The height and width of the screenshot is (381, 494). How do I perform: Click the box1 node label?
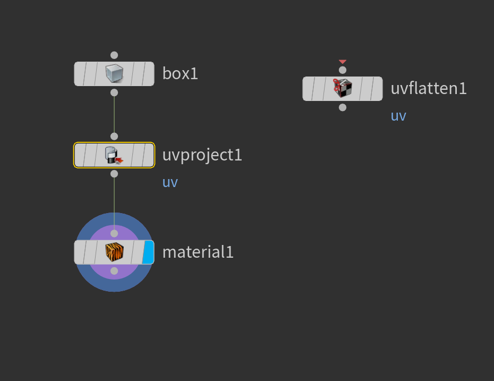(180, 73)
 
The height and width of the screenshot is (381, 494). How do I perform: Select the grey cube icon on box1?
(114, 73)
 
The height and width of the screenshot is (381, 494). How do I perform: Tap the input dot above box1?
(114, 55)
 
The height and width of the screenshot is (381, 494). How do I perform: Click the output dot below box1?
(114, 92)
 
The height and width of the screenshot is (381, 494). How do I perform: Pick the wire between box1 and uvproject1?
(114, 114)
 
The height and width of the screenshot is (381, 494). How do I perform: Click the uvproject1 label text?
(202, 155)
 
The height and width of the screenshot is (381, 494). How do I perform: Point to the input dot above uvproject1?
(114, 137)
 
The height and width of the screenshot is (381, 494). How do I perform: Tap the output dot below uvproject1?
(114, 174)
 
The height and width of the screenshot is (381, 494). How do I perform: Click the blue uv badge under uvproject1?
(170, 182)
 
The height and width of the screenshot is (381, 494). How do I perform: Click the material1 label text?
(198, 252)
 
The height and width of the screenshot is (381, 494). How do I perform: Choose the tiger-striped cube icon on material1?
(114, 252)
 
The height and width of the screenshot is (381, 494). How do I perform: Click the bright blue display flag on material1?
(148, 252)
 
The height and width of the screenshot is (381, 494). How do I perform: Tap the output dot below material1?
(114, 271)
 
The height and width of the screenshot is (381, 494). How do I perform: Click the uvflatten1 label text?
(429, 88)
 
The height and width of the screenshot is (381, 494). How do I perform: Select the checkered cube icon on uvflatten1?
(343, 88)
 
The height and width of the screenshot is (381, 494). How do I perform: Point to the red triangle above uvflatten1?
(343, 62)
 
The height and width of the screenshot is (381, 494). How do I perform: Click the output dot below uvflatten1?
(343, 107)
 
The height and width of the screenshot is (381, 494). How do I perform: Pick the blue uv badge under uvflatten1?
(398, 116)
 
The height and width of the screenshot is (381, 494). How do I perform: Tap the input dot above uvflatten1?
(343, 70)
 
